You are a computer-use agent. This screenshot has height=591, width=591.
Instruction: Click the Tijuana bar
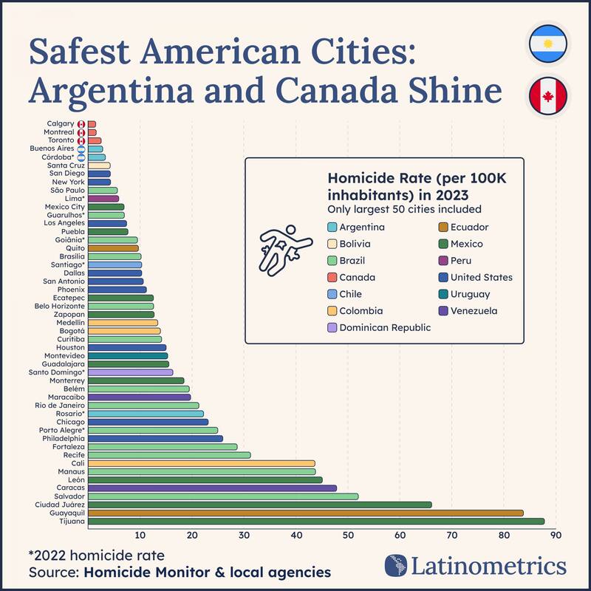click(x=315, y=521)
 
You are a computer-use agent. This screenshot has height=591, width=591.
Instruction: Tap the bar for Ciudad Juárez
click(x=259, y=505)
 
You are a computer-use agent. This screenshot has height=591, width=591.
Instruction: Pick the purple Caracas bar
click(x=212, y=488)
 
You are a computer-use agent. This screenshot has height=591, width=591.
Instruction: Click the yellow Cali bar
click(x=201, y=463)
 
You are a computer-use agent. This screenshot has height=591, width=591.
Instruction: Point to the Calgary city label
click(x=60, y=123)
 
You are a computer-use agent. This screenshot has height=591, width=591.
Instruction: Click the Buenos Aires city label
click(x=52, y=148)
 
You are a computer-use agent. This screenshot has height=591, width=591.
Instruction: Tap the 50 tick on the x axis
click(x=348, y=536)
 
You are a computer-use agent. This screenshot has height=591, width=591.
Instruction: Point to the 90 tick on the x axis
click(x=556, y=536)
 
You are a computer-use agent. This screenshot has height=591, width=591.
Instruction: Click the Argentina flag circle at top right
click(x=547, y=45)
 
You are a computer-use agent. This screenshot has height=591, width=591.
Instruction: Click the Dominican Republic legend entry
click(x=385, y=327)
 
